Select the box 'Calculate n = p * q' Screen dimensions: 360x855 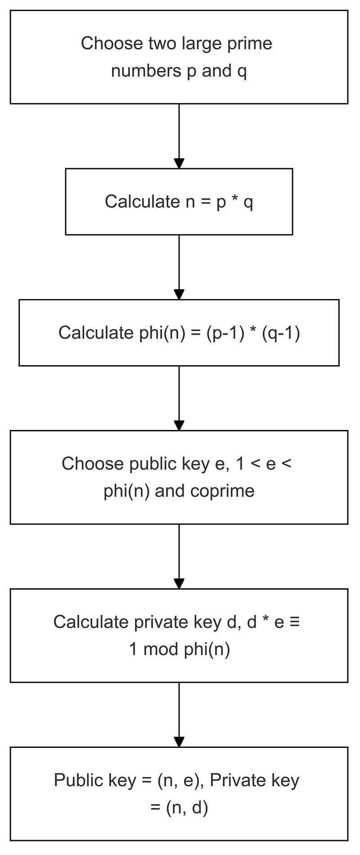[179, 201]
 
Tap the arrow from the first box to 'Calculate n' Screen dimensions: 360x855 [179, 136]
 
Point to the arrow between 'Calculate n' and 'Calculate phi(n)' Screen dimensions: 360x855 [179, 267]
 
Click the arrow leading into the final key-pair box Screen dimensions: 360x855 [179, 715]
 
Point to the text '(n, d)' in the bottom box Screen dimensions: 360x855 [187, 808]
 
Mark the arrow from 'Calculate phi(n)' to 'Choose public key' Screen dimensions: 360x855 [179, 398]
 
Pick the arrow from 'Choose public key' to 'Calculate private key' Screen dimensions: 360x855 [179, 556]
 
